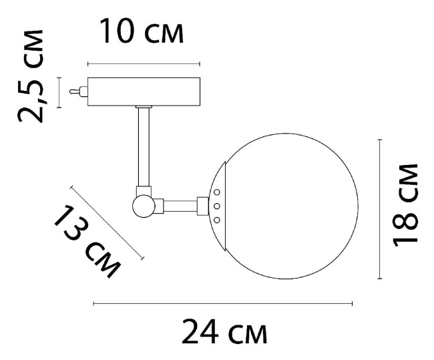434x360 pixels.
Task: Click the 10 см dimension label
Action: pos(141,31)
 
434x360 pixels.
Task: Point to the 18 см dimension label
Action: pos(406,204)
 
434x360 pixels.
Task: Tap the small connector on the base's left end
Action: pos(81,92)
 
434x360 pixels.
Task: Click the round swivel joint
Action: pos(144,205)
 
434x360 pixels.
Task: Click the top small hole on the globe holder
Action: pos(216,192)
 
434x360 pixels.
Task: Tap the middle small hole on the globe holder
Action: pos(216,206)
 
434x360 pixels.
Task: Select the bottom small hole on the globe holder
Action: pos(216,220)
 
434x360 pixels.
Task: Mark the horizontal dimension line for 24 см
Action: pos(223,303)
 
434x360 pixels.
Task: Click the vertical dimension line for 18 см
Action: pos(380,208)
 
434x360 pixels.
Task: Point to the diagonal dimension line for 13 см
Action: pos(107,222)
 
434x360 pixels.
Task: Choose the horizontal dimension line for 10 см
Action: pos(144,64)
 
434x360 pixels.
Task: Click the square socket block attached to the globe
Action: pos(204,206)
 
